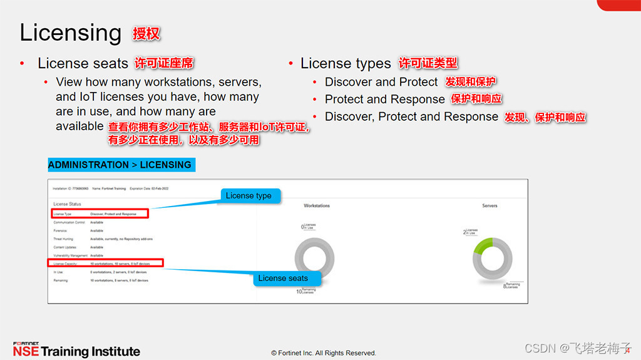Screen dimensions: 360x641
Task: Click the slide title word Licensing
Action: [70, 33]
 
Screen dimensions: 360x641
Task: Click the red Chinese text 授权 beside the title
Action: [146, 33]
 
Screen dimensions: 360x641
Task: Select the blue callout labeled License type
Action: [249, 195]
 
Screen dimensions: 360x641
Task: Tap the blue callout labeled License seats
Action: [283, 278]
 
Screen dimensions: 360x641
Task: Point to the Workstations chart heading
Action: [317, 205]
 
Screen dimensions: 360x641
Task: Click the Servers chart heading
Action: [490, 205]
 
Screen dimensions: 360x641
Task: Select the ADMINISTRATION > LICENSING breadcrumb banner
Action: [120, 165]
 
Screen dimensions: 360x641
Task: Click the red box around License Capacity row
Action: [106, 264]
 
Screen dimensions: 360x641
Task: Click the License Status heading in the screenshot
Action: [67, 204]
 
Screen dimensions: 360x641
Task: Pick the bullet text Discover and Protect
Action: [381, 82]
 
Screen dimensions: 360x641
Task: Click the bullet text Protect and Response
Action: [384, 100]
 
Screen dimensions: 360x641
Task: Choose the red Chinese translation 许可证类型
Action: [428, 63]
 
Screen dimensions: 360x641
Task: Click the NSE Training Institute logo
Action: [76, 350]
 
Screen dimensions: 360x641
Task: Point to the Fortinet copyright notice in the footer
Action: [324, 353]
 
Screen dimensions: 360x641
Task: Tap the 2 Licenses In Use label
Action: [469, 232]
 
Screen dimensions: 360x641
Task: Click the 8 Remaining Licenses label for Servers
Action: [511, 285]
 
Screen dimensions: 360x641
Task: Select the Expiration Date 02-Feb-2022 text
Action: [150, 188]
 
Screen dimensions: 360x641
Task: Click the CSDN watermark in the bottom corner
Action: [577, 348]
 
